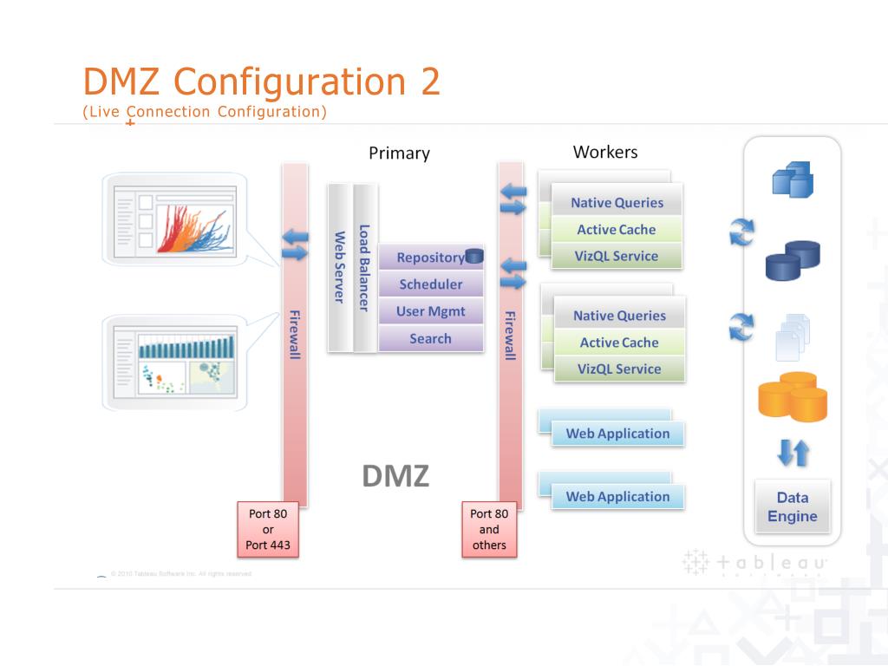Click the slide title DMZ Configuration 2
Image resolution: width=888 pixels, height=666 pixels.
pyautogui.click(x=261, y=82)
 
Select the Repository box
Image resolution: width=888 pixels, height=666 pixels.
pyautogui.click(x=430, y=258)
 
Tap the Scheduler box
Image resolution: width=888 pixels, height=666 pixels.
pyautogui.click(x=430, y=284)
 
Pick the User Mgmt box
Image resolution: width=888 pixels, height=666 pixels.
pyautogui.click(x=430, y=311)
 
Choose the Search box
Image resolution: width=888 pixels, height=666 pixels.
pyautogui.click(x=430, y=339)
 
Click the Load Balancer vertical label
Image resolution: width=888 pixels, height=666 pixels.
pyautogui.click(x=365, y=268)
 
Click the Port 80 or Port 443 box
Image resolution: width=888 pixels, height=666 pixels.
pyautogui.click(x=267, y=529)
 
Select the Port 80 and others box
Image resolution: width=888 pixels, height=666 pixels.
pyautogui.click(x=489, y=529)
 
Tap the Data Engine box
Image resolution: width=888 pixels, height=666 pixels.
pyautogui.click(x=792, y=507)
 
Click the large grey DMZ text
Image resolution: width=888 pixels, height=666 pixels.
pyautogui.click(x=395, y=475)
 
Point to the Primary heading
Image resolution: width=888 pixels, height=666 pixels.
pyautogui.click(x=399, y=153)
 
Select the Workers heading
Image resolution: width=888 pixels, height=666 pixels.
pyautogui.click(x=605, y=153)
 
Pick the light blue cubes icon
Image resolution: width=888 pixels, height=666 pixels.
pyautogui.click(x=792, y=180)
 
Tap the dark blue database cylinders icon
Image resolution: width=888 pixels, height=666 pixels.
pyautogui.click(x=792, y=259)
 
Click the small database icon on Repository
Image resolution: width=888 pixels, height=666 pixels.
pyautogui.click(x=474, y=255)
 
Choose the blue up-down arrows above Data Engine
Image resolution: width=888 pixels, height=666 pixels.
pyautogui.click(x=792, y=453)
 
